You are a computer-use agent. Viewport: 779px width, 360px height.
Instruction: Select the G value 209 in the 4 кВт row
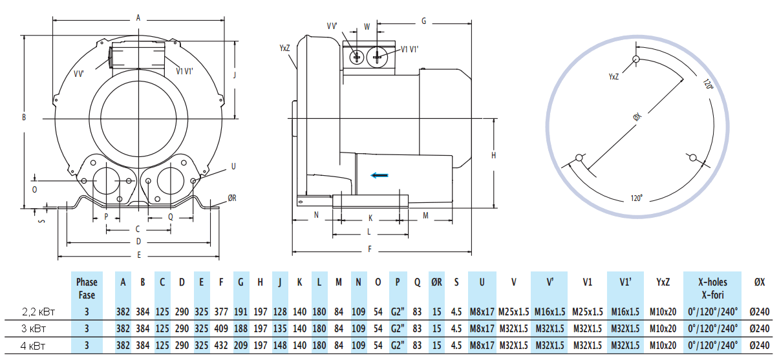point(240,344)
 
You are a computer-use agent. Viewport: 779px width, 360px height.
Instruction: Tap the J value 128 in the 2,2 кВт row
point(280,311)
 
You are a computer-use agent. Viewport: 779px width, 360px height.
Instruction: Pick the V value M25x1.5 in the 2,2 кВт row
point(513,311)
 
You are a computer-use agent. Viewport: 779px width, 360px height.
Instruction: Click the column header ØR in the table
point(436,282)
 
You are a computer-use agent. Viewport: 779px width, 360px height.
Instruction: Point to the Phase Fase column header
point(87,288)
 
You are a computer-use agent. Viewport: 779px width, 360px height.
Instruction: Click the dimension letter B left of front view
point(23,117)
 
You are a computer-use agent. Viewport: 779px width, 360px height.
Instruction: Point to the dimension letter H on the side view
point(493,155)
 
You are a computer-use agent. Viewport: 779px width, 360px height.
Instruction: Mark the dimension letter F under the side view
point(369,249)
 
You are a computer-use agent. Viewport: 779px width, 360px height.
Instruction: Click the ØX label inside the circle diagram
point(637,117)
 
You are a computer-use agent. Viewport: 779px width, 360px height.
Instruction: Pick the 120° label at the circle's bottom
point(637,197)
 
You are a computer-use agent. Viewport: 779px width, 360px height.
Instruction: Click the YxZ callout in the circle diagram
point(614,76)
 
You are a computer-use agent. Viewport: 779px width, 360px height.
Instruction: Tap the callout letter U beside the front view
point(233,166)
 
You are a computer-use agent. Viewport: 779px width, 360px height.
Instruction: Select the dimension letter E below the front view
point(138,255)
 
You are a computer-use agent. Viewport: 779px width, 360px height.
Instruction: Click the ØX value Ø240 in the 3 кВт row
point(760,328)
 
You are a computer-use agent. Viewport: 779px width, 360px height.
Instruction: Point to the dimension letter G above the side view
point(423,21)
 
